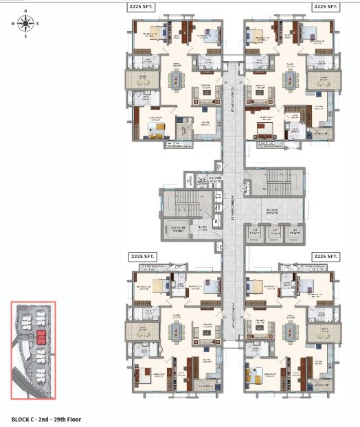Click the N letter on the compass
point(25,12)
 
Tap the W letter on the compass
point(12,23)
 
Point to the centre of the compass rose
point(25,23)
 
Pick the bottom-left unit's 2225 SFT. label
point(143,256)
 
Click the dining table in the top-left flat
point(175,80)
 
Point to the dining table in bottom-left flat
point(175,333)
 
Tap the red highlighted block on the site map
point(41,336)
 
